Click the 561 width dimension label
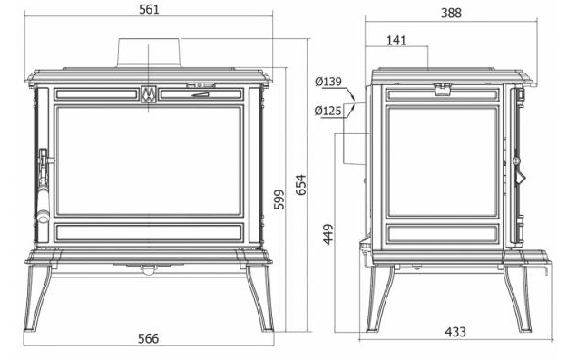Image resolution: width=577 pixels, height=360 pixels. coord(149,9)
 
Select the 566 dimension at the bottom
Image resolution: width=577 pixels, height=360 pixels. coord(148,338)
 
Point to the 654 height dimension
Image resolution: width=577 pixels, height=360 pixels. coord(301,185)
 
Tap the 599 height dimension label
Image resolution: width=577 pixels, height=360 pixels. coord(279,199)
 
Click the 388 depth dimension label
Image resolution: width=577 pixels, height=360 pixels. coord(451,14)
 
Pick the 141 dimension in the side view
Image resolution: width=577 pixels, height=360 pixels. coord(396,41)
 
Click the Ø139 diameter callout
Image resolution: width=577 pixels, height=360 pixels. coord(328,82)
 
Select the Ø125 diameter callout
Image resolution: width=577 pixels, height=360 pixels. coord(328,111)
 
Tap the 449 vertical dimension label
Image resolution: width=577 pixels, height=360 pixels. coord(328,234)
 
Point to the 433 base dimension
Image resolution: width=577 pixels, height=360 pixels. coord(455,332)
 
